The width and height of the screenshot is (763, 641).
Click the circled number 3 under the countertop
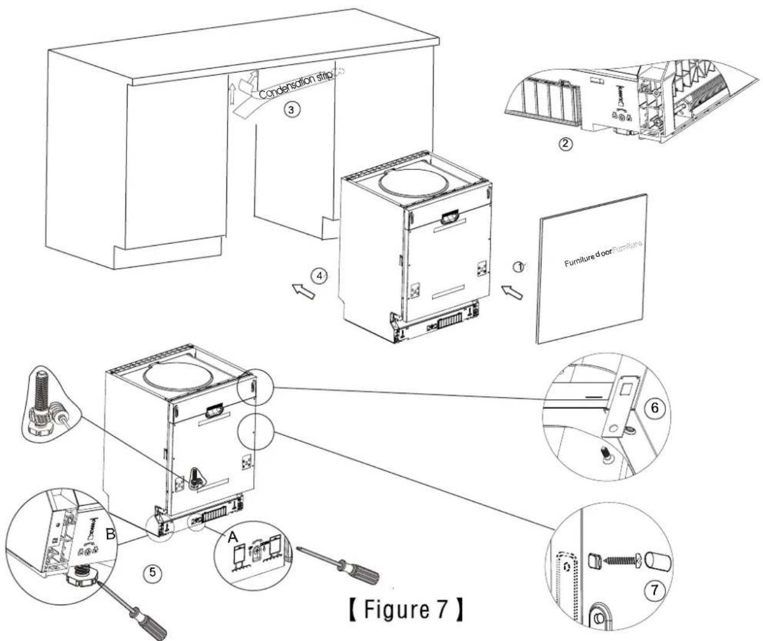(x=295, y=111)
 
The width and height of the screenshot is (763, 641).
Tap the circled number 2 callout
(x=568, y=144)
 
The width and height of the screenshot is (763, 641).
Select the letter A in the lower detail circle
(x=233, y=537)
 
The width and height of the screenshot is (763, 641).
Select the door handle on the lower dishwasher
(x=214, y=411)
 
